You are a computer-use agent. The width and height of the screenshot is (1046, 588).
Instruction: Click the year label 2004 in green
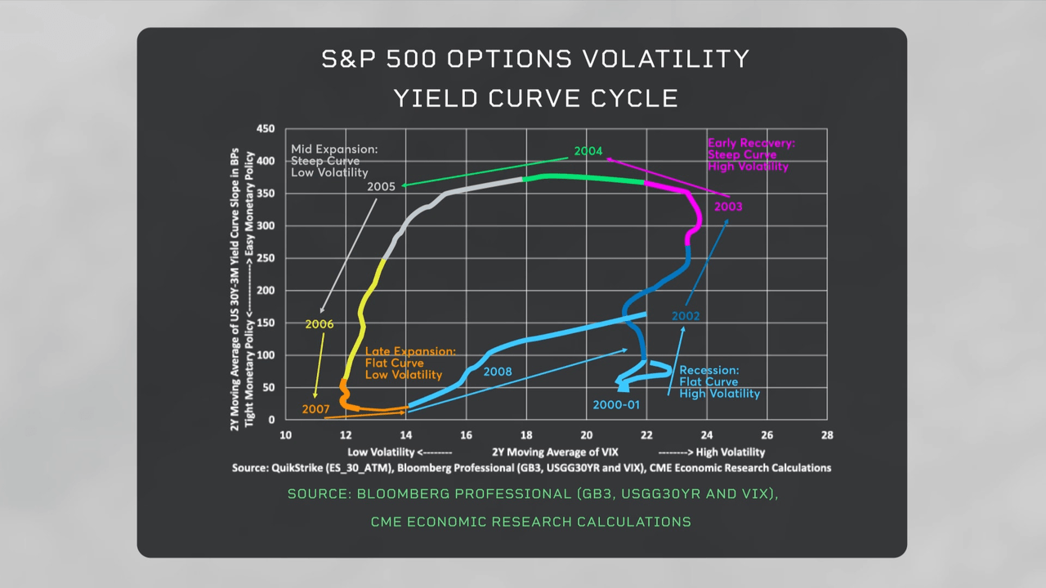[588, 151]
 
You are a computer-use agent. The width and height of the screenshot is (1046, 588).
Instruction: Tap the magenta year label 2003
[727, 207]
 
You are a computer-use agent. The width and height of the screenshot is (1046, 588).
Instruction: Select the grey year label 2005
[381, 186]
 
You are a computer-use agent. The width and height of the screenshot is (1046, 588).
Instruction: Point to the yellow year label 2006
[319, 324]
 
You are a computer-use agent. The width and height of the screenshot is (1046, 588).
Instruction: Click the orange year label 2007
[315, 408]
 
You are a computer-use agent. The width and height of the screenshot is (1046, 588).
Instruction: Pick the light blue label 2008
[497, 372]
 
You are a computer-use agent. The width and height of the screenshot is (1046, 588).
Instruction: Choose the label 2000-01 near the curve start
[616, 404]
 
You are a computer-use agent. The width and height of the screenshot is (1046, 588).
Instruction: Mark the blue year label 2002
[686, 316]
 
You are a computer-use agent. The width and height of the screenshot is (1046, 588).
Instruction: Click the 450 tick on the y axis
[266, 129]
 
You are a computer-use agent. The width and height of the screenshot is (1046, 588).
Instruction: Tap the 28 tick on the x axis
[827, 434]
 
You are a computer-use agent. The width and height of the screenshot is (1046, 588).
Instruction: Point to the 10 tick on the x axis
[285, 434]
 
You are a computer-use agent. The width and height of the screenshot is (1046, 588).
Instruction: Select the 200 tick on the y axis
[266, 291]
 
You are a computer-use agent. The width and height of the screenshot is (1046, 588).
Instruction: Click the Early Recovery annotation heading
[750, 143]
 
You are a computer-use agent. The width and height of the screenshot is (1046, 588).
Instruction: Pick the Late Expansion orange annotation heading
[409, 351]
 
